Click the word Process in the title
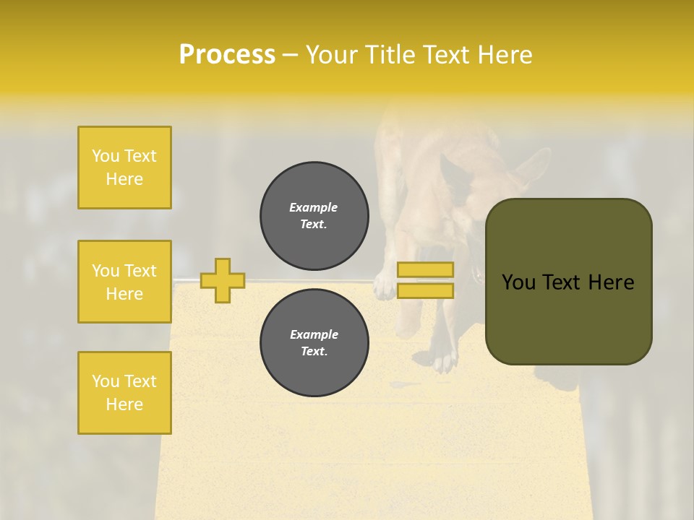pyautogui.click(x=227, y=55)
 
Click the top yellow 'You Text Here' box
pyautogui.click(x=124, y=168)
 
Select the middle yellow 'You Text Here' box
pyautogui.click(x=124, y=282)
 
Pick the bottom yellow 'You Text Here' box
pyautogui.click(x=124, y=393)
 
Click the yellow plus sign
pyautogui.click(x=223, y=280)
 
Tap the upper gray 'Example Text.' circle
pyautogui.click(x=314, y=216)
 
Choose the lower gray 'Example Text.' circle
pyautogui.click(x=314, y=342)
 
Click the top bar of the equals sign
pyautogui.click(x=425, y=270)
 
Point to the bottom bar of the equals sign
pyautogui.click(x=425, y=290)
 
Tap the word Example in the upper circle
pyautogui.click(x=314, y=207)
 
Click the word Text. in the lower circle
pyautogui.click(x=314, y=352)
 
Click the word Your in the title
pyautogui.click(x=331, y=55)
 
